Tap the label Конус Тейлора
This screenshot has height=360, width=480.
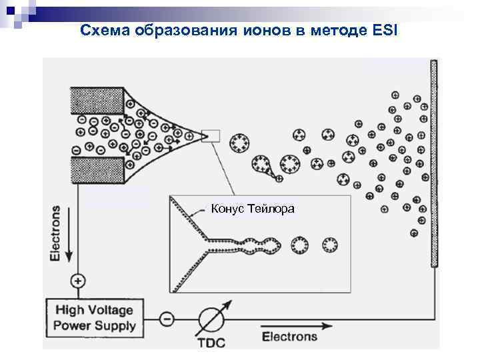pos(253,209)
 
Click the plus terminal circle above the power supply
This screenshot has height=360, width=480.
pos(78,281)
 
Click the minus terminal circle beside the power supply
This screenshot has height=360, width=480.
pos(167,319)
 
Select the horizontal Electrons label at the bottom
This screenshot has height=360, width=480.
pos(289,337)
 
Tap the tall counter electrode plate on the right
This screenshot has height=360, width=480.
pos(434,163)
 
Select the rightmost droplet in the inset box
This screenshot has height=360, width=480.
pos(329,245)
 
